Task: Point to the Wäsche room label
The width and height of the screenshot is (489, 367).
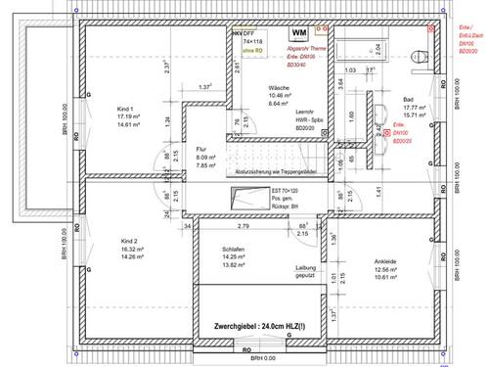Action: click(278, 88)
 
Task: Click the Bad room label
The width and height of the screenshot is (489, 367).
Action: click(408, 99)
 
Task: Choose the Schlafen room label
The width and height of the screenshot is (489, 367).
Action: click(233, 250)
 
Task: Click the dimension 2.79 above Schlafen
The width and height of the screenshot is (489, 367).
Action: click(244, 226)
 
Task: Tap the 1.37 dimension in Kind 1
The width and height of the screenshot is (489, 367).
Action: click(205, 88)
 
